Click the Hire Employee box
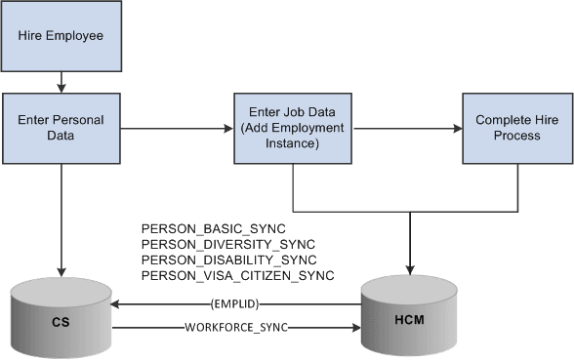61,36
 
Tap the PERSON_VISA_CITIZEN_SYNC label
238,276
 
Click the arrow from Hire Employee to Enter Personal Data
61,82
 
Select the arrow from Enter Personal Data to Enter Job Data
177,128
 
